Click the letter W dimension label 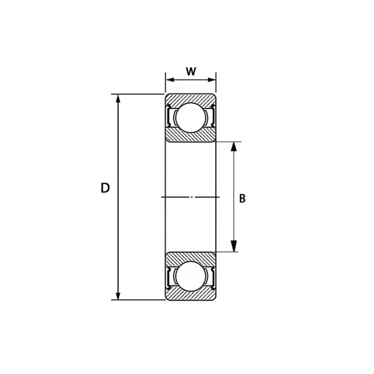(x=191, y=71)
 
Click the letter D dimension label (x=105, y=188)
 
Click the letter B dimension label (x=242, y=199)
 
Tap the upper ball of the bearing (x=191, y=117)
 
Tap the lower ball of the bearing (x=191, y=276)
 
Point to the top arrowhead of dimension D (x=118, y=99)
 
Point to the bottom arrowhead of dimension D (x=118, y=295)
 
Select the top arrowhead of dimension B (x=234, y=147)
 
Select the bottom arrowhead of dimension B (x=234, y=246)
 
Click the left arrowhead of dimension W (x=170, y=80)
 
